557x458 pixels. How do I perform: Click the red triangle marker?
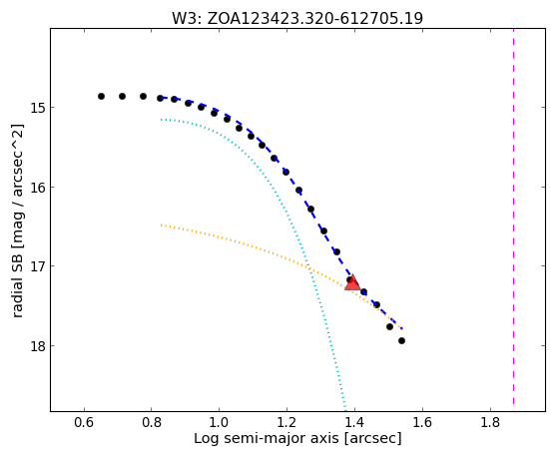(352, 282)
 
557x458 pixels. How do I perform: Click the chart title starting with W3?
(297, 18)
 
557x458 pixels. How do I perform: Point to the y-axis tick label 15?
(37, 108)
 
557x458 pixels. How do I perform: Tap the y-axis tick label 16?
(37, 188)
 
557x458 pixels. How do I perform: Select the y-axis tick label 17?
(37, 266)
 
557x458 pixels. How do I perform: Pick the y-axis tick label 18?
(37, 346)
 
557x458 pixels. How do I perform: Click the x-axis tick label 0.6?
(84, 422)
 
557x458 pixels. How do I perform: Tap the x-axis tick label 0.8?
(152, 422)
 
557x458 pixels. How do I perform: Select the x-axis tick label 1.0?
(220, 422)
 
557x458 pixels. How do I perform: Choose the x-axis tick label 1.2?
(287, 422)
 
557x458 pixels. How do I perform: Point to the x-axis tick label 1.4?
(354, 422)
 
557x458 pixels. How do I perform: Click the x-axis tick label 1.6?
(422, 422)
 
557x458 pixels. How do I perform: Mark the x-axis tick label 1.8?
(490, 422)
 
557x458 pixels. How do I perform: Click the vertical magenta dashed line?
(514, 217)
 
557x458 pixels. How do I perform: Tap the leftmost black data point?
(101, 96)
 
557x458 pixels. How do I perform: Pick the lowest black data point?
(401, 341)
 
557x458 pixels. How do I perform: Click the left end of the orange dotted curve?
(162, 226)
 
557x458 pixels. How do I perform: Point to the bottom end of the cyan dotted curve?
(345, 410)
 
